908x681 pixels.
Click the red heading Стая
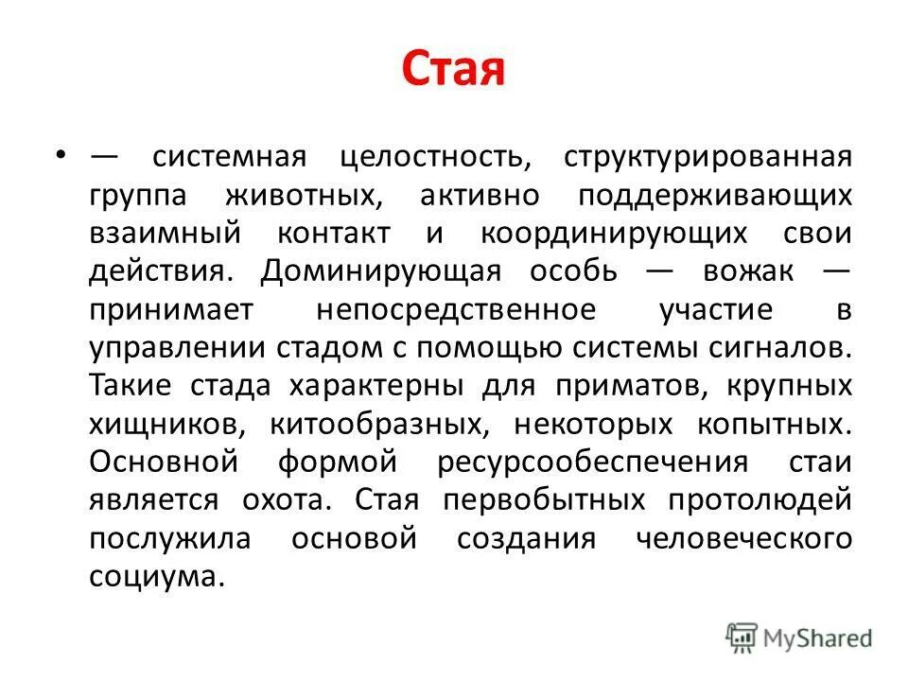[x=453, y=70]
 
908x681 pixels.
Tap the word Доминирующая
[x=380, y=271]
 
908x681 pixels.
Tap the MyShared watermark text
[x=819, y=638]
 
